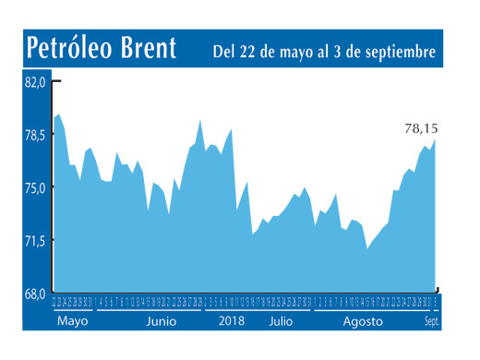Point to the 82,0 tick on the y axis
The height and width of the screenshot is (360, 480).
(34, 82)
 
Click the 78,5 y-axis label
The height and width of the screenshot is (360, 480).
(34, 136)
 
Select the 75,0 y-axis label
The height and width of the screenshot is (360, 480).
(34, 188)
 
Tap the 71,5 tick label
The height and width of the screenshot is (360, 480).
(34, 241)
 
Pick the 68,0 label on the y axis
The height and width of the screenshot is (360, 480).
(34, 294)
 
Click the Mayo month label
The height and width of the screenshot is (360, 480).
(72, 322)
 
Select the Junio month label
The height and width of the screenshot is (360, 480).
(161, 322)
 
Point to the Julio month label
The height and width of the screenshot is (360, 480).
(283, 322)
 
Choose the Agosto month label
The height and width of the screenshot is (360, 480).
(363, 322)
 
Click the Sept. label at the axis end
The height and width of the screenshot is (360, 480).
(432, 321)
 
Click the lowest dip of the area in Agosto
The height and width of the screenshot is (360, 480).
(367, 248)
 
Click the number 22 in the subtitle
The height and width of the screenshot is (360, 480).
(253, 52)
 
